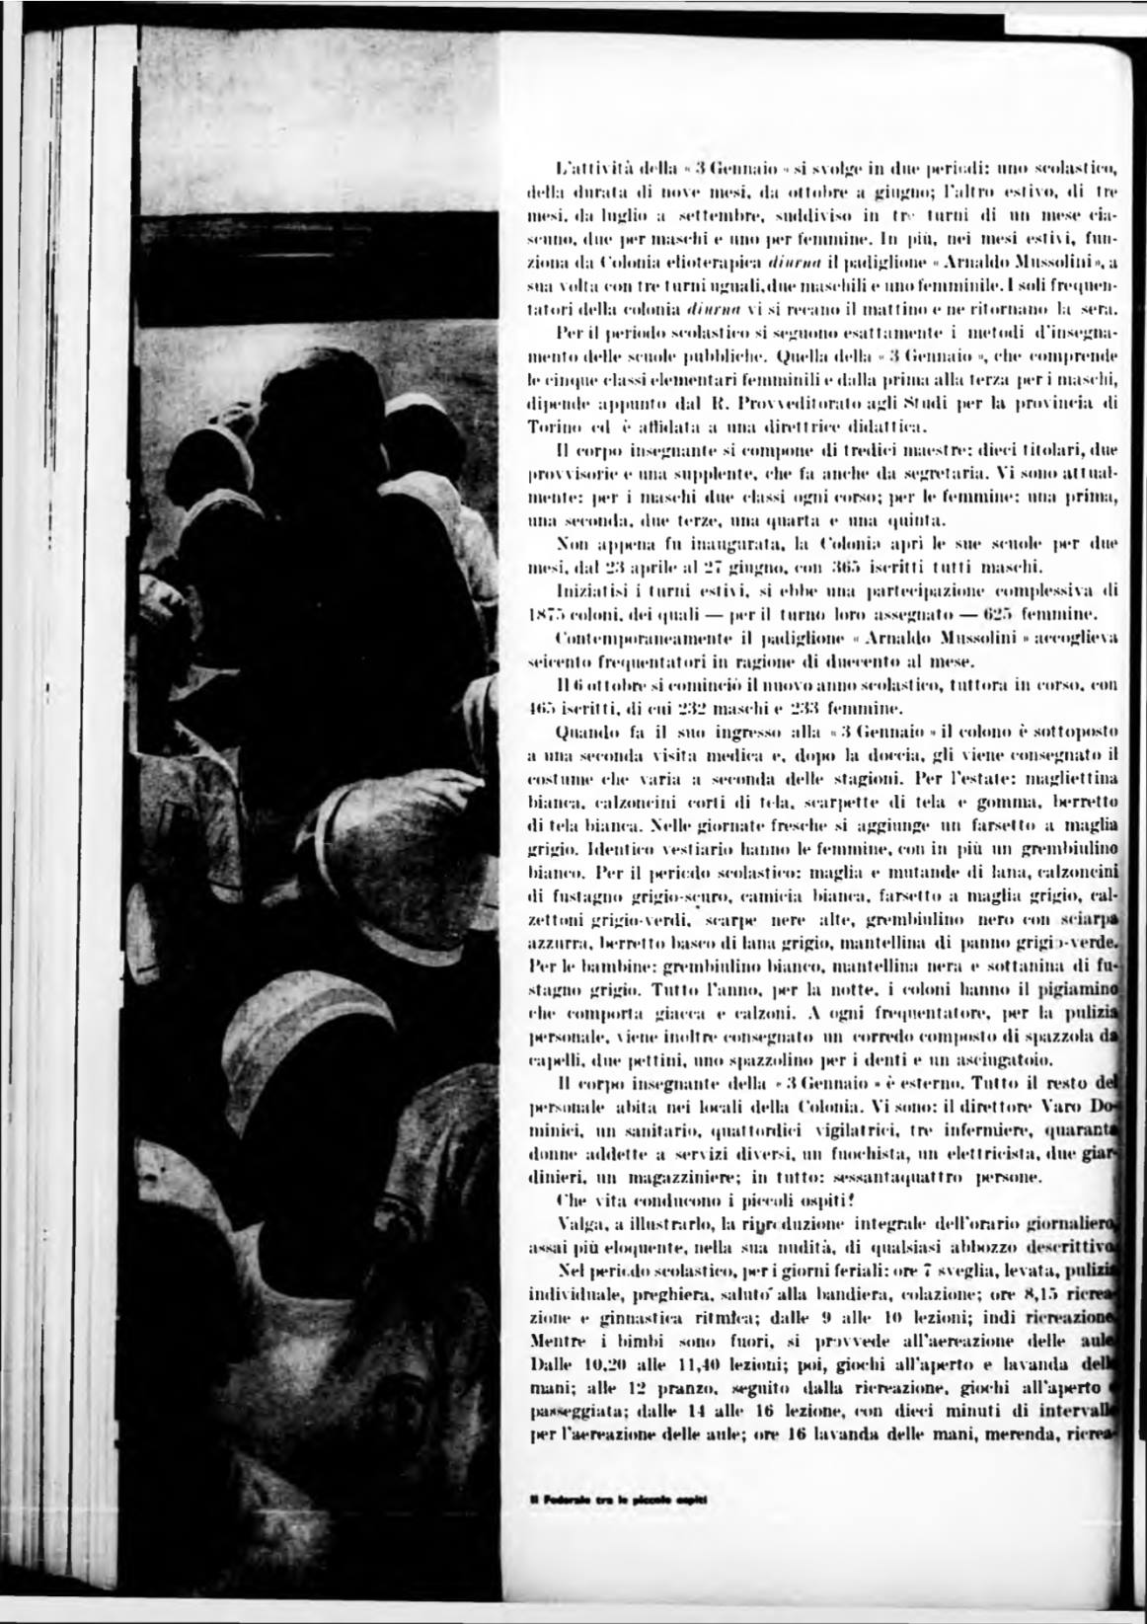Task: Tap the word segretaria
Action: [x=958, y=475]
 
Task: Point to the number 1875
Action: [x=546, y=613]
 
